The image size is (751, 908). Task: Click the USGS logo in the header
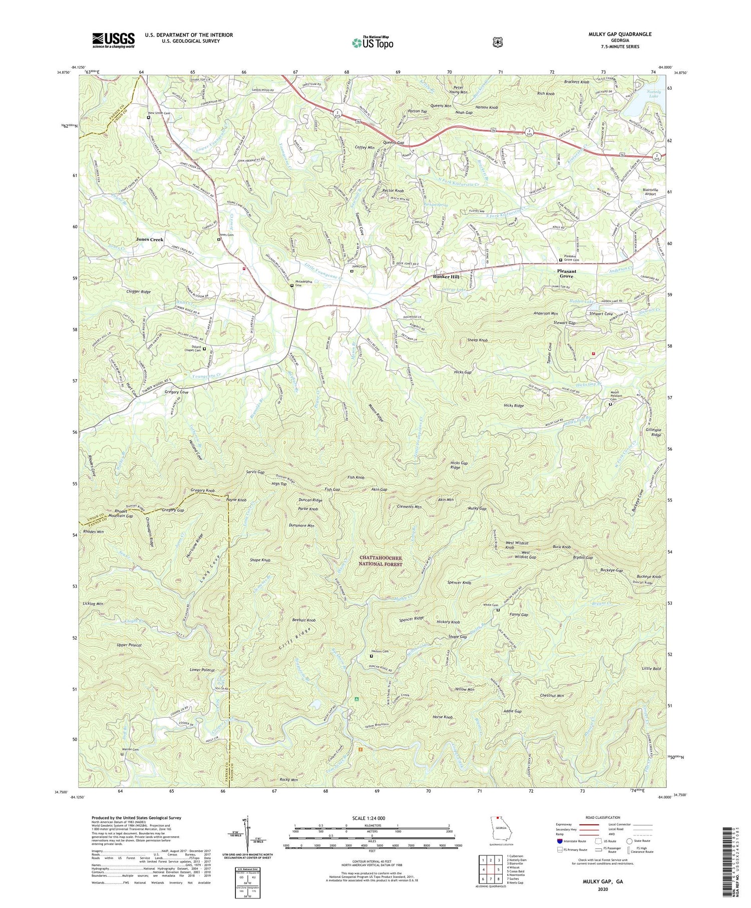tap(113, 40)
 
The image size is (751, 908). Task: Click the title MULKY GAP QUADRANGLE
tap(620, 34)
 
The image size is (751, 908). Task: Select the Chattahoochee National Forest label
tap(381, 560)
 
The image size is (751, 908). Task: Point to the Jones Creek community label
tap(150, 239)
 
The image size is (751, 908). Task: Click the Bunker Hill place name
tap(446, 276)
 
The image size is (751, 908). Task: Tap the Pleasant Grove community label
tap(566, 273)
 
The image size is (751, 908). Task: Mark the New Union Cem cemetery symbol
tap(149, 118)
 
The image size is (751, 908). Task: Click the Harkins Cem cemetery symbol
tap(371, 656)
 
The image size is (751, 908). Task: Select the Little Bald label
tap(651, 669)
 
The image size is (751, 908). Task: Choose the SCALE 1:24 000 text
tap(371, 818)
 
